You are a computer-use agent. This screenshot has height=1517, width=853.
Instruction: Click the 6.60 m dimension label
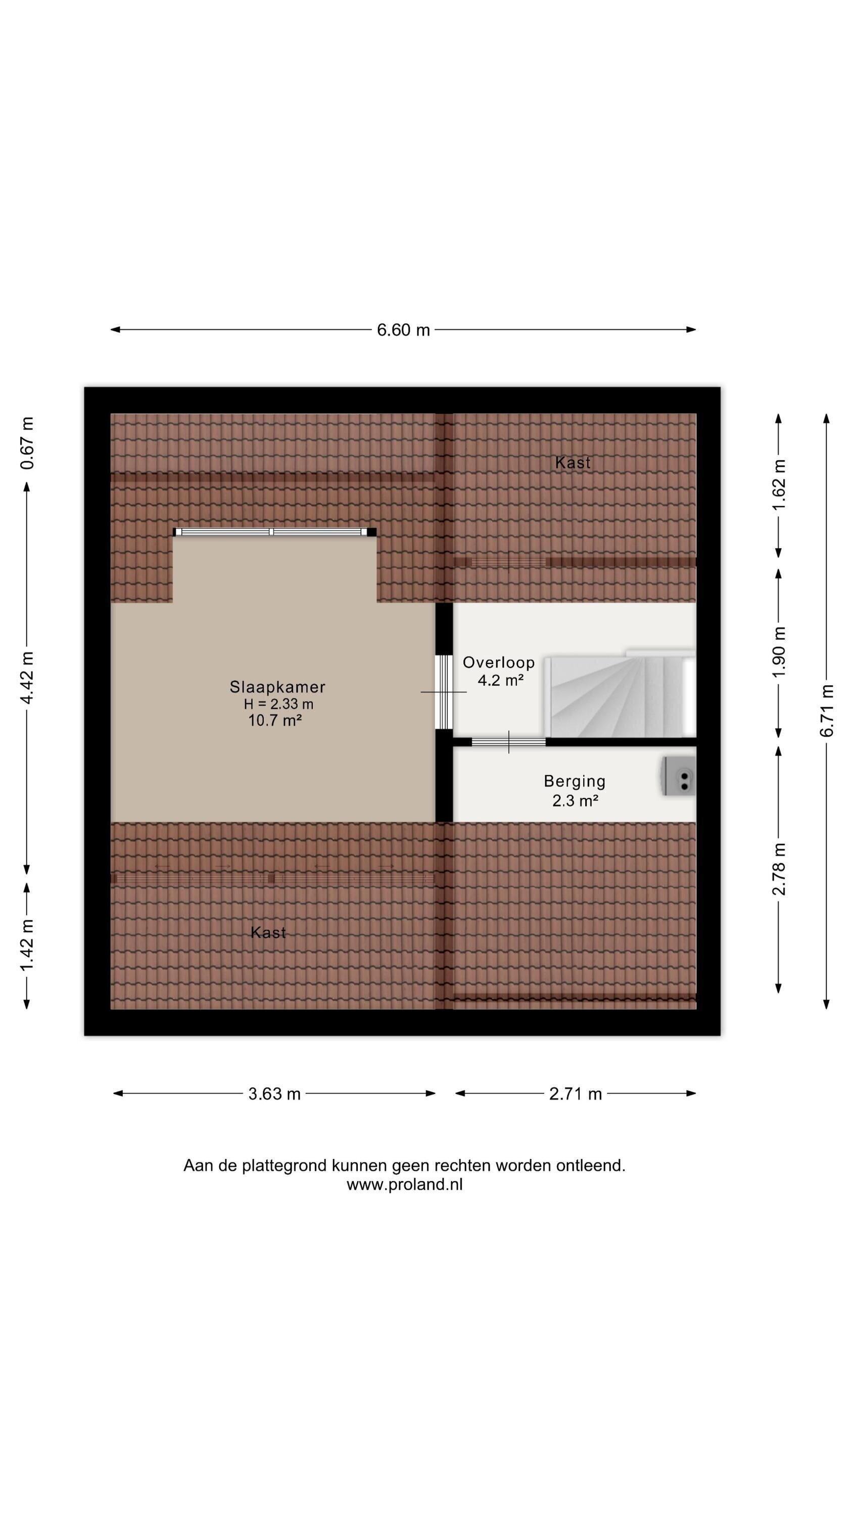(403, 330)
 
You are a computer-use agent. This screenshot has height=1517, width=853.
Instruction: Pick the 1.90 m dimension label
(779, 652)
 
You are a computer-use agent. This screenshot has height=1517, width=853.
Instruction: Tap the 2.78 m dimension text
(779, 869)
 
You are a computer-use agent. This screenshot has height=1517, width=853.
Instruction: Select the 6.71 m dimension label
(827, 711)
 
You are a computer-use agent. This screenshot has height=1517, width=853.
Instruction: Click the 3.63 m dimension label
(274, 1094)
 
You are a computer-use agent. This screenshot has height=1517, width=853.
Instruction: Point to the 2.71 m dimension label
(575, 1094)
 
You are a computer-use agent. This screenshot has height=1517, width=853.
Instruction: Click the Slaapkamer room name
(277, 687)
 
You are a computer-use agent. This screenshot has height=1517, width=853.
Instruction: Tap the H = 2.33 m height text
(278, 704)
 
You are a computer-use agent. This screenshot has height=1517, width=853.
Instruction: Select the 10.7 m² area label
(275, 720)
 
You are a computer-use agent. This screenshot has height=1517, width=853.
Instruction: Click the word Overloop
(499, 662)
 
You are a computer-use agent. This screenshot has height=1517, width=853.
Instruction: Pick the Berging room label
(575, 781)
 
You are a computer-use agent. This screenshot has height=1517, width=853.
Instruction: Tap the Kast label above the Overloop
(573, 463)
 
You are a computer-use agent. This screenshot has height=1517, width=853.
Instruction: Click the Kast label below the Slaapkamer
(268, 932)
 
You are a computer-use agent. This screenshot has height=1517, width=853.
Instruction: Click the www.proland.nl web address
(404, 1184)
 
